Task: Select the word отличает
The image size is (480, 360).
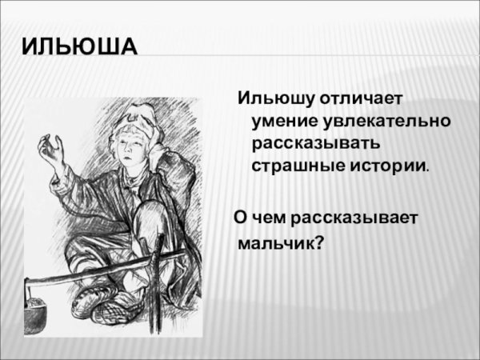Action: pos(365,99)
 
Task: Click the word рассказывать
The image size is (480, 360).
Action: pos(316,145)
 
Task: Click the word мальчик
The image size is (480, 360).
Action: pos(276,241)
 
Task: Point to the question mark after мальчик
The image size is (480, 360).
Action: pos(320,240)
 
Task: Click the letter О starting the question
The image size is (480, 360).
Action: pos(239,217)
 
